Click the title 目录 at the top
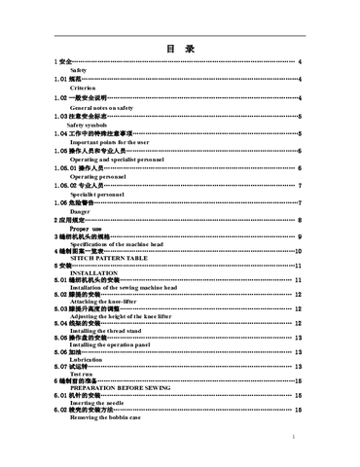[180, 48]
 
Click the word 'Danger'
[80, 211]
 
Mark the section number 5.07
[60, 366]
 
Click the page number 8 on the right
[298, 221]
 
